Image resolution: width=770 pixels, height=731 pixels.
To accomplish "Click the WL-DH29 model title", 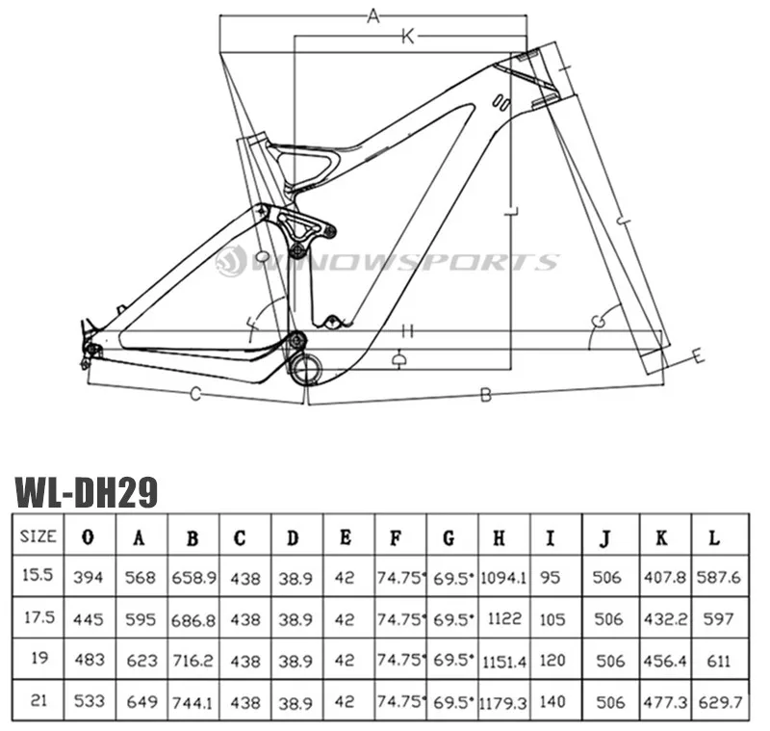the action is click(x=87, y=492).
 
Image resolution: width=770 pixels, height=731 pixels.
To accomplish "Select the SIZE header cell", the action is click(x=38, y=535).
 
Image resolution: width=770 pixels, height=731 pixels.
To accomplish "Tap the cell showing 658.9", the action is click(x=193, y=577).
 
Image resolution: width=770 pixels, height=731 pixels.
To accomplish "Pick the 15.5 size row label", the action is click(x=38, y=574).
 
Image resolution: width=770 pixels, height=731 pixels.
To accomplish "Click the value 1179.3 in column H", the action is click(x=503, y=703).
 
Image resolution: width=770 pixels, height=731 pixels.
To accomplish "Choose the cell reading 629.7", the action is click(x=720, y=702).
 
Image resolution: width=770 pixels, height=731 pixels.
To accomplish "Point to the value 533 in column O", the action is click(x=90, y=700).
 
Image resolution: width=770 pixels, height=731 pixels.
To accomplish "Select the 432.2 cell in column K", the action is click(x=665, y=619).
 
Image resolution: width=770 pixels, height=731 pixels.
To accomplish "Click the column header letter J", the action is click(x=606, y=538).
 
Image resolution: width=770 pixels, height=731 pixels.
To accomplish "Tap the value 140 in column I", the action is click(x=552, y=701).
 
